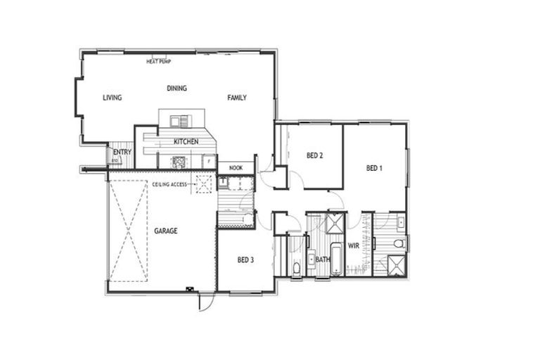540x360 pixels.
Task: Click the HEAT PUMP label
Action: [158, 62]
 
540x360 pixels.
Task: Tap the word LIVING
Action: [112, 98]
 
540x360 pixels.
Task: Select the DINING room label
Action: [177, 88]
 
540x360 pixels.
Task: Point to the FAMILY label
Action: [237, 98]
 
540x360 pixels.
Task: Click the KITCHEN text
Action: [186, 142]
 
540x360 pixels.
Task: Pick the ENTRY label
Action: [122, 152]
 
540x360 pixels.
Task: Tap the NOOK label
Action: [236, 169]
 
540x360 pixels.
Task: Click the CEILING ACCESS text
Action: [169, 184]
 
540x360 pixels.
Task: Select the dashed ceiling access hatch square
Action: [204, 185]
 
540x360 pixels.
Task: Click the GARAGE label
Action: [166, 231]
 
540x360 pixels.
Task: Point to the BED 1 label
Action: [375, 169]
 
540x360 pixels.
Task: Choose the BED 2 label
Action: [315, 155]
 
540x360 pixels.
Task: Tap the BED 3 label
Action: [245, 260]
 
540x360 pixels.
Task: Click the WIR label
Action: [354, 246]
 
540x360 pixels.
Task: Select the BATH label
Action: [323, 260]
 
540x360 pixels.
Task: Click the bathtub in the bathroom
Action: [336, 259]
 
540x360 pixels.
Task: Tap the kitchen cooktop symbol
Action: [179, 162]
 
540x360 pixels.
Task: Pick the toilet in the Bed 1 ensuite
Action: [398, 244]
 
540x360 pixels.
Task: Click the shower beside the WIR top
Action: [335, 224]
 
